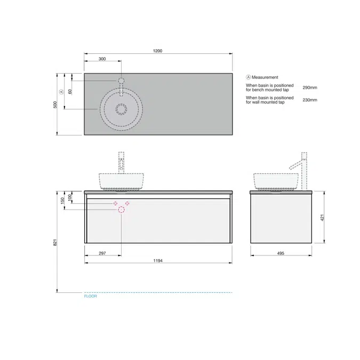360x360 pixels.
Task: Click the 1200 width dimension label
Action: (157, 51)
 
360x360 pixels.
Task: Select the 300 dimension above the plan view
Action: (102, 59)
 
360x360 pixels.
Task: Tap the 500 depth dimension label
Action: (54, 104)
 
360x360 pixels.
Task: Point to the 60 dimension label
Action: (70, 91)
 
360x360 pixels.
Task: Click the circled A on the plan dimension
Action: (62, 91)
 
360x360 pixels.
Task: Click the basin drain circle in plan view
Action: (122, 110)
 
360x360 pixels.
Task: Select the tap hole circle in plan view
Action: (122, 81)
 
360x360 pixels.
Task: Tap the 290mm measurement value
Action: (310, 87)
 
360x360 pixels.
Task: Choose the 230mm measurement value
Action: (310, 100)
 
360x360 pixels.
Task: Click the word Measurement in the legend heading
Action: (265, 77)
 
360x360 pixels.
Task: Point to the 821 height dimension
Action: (54, 242)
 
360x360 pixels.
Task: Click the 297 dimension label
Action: (102, 253)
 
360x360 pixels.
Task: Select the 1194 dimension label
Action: (157, 260)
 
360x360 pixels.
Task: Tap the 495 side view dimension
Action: (281, 253)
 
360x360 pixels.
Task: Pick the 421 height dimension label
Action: (322, 217)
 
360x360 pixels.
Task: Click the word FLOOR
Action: (91, 296)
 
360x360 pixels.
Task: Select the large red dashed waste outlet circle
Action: (122, 210)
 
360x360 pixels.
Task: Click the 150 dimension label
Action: (63, 200)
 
